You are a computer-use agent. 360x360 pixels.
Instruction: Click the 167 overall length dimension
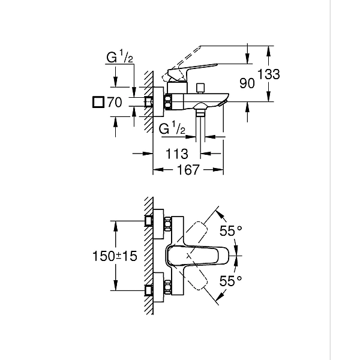click(187, 170)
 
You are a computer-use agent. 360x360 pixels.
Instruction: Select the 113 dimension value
click(176, 154)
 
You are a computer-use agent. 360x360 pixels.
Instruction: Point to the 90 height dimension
click(247, 83)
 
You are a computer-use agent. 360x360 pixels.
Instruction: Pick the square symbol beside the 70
click(98, 103)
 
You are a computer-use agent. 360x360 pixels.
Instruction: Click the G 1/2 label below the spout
click(173, 129)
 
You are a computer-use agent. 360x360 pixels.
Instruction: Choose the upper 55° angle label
click(230, 230)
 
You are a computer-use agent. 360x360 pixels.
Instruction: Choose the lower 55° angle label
click(230, 280)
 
